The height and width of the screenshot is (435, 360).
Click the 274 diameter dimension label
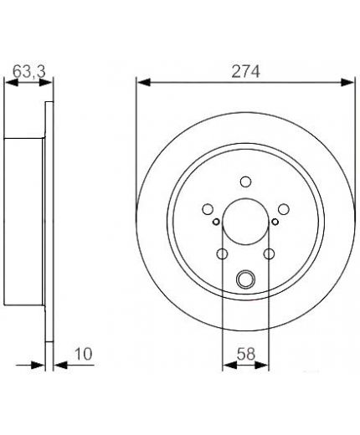point(245,71)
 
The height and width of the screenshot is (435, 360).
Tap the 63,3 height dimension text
point(29,71)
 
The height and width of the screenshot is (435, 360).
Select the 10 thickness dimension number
point(83,354)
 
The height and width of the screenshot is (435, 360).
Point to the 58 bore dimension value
point(246,354)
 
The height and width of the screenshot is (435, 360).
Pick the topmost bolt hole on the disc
point(245,182)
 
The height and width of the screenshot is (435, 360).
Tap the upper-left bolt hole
point(208,209)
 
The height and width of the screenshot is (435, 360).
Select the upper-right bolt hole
point(284,209)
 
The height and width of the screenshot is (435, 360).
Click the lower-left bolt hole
point(223,254)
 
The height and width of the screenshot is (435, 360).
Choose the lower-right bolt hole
point(269,254)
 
